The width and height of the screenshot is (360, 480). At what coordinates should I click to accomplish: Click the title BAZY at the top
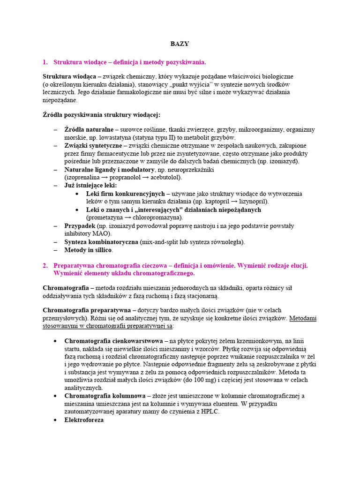179,44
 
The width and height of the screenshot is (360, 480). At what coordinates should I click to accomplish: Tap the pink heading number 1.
45,62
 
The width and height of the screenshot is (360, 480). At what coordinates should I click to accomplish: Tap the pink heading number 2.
45,265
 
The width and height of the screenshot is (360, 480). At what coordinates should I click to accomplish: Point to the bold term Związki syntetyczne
93,146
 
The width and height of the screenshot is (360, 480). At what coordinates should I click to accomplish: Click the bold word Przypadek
80,225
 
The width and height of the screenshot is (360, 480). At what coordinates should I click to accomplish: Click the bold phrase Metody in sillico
88,250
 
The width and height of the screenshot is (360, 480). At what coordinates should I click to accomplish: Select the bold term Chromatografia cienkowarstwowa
113,341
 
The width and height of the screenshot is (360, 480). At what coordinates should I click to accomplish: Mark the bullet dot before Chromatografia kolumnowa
56,396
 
